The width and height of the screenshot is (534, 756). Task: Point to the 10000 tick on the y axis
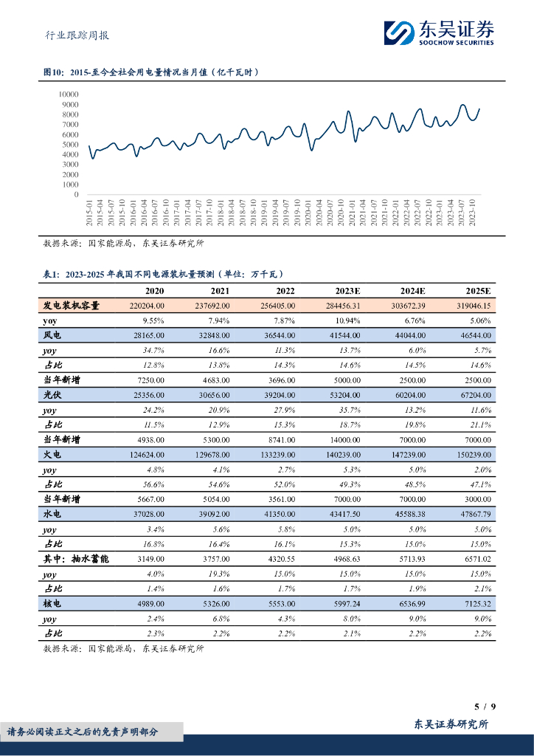coord(68,94)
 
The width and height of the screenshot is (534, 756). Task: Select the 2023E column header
coord(345,292)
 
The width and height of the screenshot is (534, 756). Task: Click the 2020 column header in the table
coord(154,292)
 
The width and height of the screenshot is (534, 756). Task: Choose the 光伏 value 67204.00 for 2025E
coord(475,395)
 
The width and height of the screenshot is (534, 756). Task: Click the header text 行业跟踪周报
coord(72,34)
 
